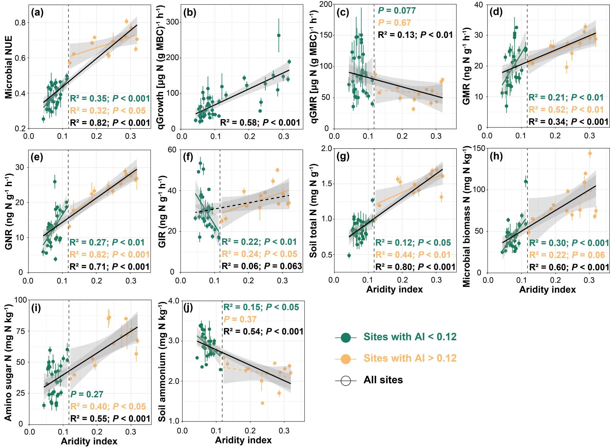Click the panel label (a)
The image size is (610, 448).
[x=37, y=13]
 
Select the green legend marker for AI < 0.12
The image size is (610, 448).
[x=346, y=337]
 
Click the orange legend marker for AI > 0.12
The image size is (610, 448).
[x=346, y=359]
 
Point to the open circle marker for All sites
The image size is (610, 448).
[x=346, y=381]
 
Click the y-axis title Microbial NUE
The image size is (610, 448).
[x=9, y=67]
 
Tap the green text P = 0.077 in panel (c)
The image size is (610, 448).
[x=397, y=11]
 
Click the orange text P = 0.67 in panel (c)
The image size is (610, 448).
[x=394, y=23]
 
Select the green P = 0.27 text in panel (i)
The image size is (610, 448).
[x=87, y=394]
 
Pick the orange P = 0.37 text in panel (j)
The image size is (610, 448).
[x=240, y=319]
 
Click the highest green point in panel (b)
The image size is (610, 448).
[x=279, y=35]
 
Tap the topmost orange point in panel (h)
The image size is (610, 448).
[x=590, y=154]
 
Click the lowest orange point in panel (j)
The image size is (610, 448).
[x=262, y=403]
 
